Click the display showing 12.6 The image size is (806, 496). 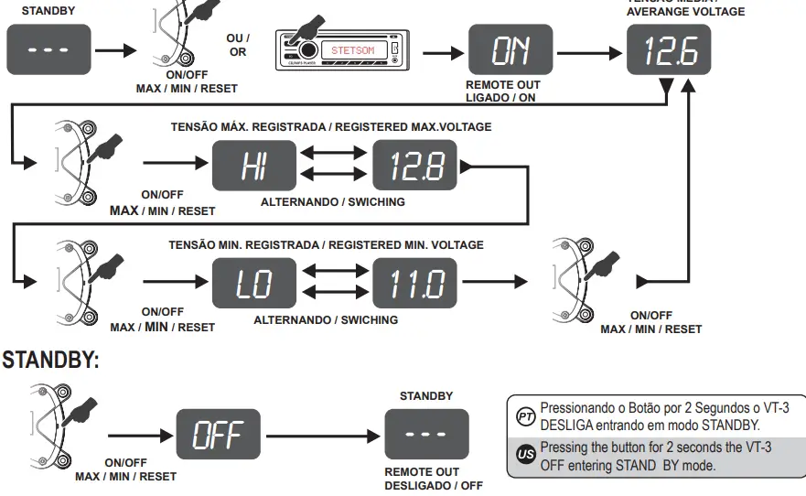[671, 50]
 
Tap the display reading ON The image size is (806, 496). [510, 50]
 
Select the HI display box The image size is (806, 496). [254, 167]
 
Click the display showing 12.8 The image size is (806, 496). [415, 167]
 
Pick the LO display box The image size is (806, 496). [254, 283]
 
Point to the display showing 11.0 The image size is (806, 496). [415, 283]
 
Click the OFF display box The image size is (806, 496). [218, 435]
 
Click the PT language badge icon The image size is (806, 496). [525, 416]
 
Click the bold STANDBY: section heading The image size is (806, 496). [50, 361]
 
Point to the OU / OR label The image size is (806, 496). [237, 45]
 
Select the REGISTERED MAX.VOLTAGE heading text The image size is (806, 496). [331, 127]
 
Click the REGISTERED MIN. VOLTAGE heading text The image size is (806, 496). [326, 245]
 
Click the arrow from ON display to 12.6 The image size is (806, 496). [589, 51]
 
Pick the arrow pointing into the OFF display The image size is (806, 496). [141, 435]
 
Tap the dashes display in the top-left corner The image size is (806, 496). [48, 49]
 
